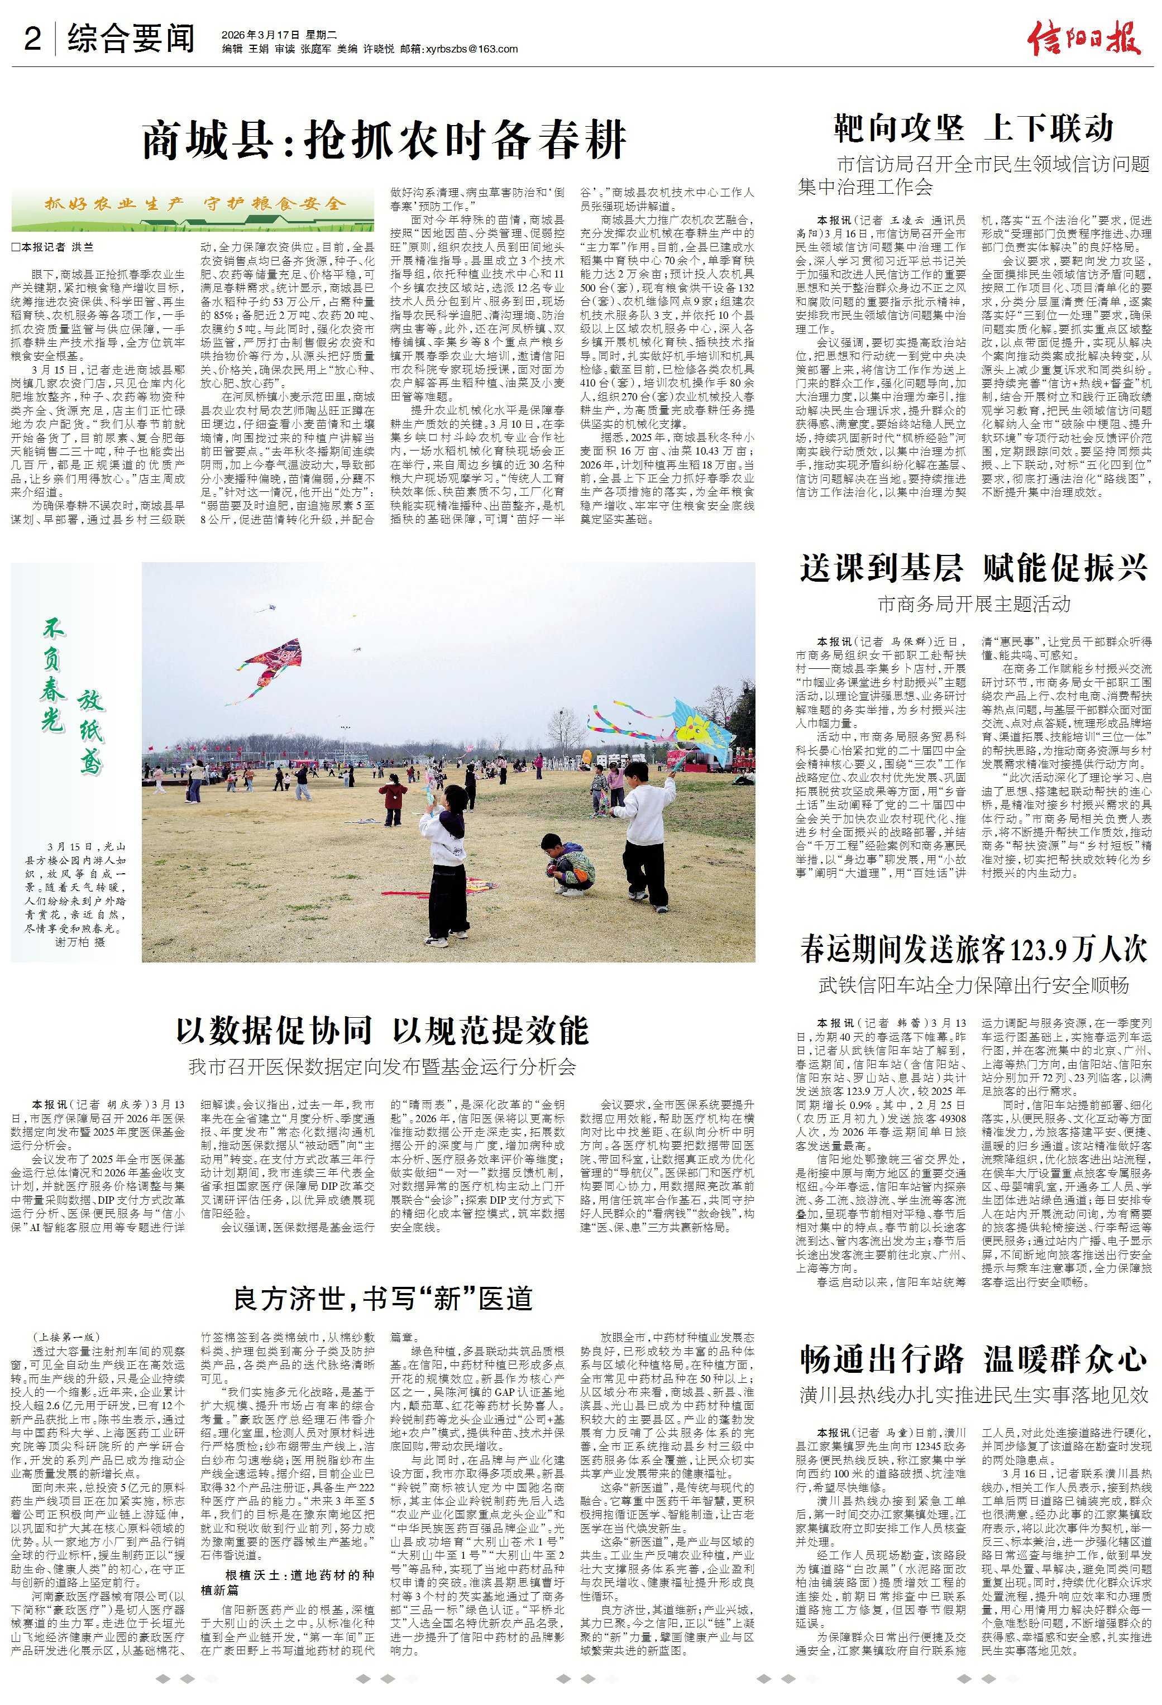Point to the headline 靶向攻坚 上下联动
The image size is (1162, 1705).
tap(973, 128)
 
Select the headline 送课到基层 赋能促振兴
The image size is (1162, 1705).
tap(973, 568)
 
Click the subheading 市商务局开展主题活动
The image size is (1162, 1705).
tap(973, 605)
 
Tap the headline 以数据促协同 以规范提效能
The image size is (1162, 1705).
tap(382, 1030)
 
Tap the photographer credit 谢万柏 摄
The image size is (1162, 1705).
tap(81, 942)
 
